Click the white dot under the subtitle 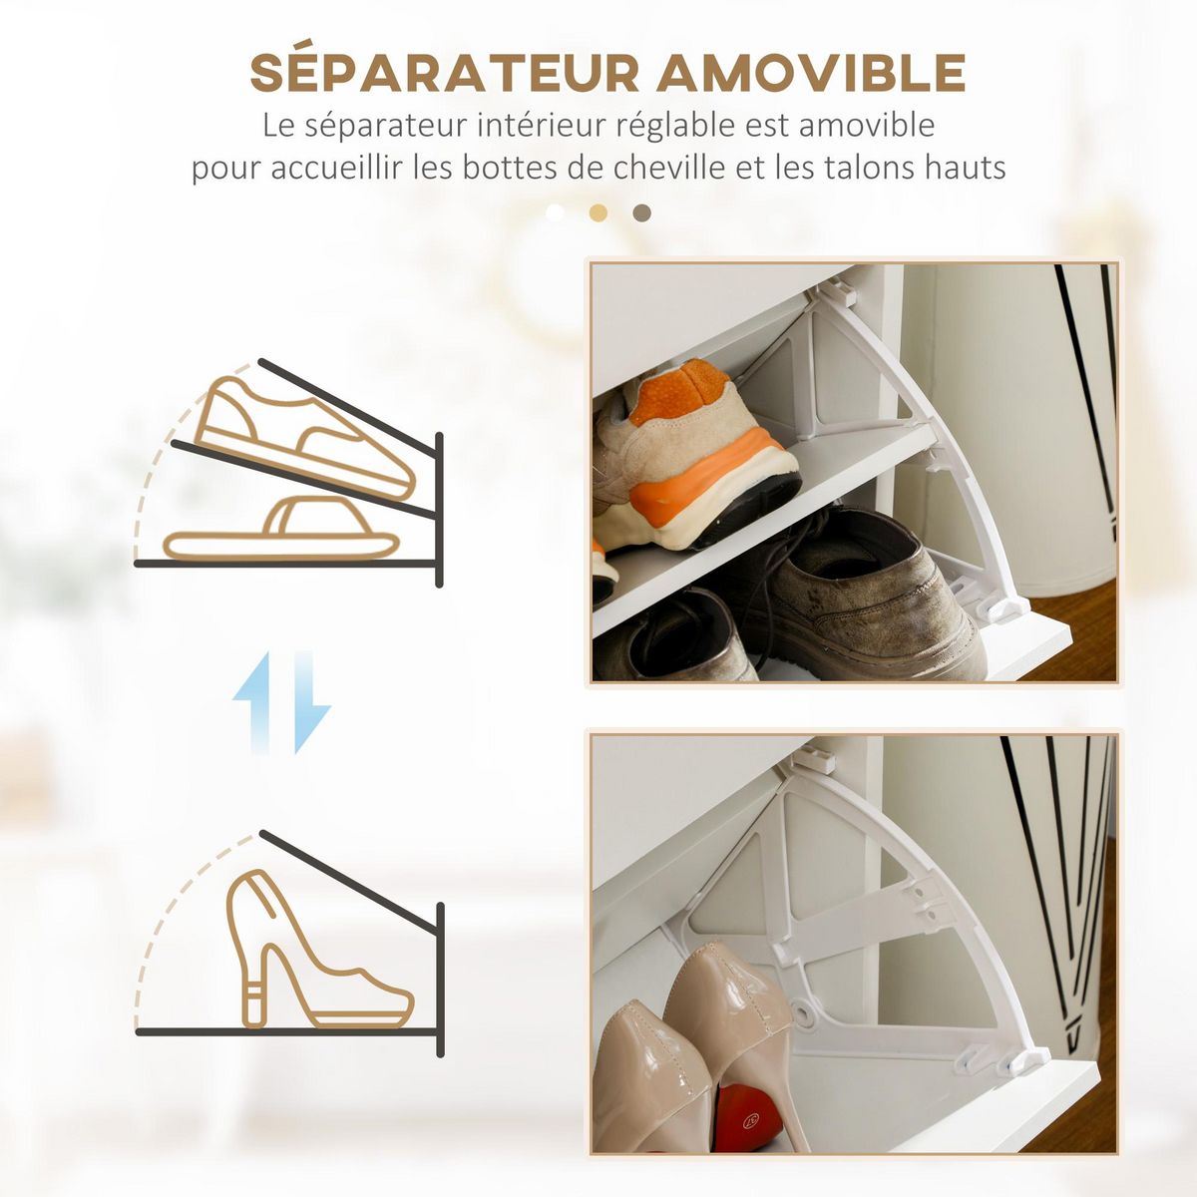click(556, 212)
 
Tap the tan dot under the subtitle click(598, 212)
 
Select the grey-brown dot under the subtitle click(642, 212)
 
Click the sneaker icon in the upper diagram click(304, 437)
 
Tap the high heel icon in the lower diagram click(309, 953)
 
